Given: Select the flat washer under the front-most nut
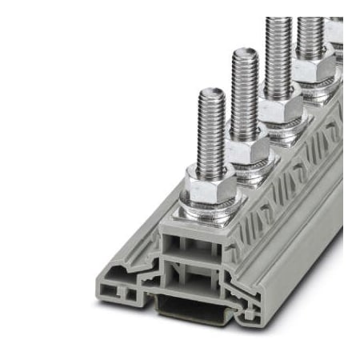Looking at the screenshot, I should click(207, 209).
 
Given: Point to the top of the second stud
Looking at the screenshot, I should click(244, 54).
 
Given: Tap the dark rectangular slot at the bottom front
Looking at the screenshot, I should click(186, 308).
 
